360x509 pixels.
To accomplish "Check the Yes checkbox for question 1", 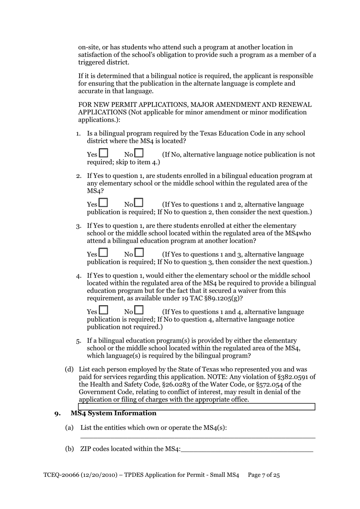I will tap(103, 153).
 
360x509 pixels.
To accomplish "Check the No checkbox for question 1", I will tap(139, 153).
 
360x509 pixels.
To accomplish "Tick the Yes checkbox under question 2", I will tap(103, 203).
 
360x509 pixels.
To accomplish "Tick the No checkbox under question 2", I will tap(139, 203).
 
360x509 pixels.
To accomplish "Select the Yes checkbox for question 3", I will tap(103, 253).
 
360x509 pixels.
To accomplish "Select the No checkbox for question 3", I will tap(139, 253).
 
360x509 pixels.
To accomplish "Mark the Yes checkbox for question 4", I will tap(103, 310).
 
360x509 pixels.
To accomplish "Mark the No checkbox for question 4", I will tap(139, 310).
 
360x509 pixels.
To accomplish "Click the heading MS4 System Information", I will tap(113, 413).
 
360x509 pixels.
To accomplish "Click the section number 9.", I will tap(57, 414).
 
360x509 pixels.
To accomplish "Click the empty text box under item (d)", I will tap(197, 407).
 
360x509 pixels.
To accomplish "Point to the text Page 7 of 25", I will tap(264, 475).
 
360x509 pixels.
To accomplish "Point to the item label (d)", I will tap(69, 369).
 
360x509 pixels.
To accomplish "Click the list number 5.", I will tap(78, 341).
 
